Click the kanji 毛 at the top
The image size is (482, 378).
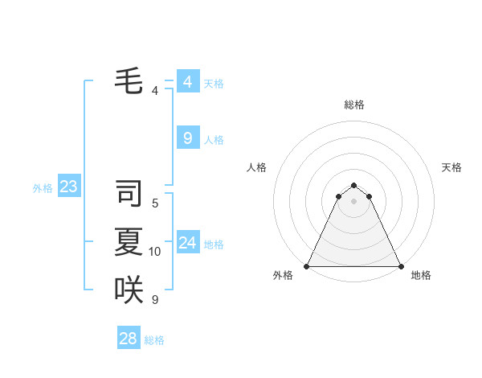[129, 80]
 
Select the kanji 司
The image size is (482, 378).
[129, 193]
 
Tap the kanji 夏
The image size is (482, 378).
[129, 242]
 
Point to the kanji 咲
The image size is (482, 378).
[129, 290]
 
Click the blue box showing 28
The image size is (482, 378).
[129, 339]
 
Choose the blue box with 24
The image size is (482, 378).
[187, 243]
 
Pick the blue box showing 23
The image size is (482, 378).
[68, 187]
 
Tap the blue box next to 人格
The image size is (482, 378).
[187, 138]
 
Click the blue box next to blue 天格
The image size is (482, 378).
[187, 82]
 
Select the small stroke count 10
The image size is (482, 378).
[155, 252]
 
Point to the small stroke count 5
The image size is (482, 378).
[155, 203]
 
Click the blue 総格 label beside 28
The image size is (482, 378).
[154, 340]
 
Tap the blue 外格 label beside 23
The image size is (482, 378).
[43, 188]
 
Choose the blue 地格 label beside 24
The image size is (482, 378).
[214, 244]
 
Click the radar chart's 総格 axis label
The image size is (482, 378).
[353, 105]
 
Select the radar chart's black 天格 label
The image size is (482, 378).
[451, 167]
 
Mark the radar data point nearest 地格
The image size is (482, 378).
[400, 266]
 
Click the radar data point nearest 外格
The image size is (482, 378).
[307, 266]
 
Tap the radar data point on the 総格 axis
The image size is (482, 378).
[353, 186]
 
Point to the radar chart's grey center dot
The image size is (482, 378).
[353, 201]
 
